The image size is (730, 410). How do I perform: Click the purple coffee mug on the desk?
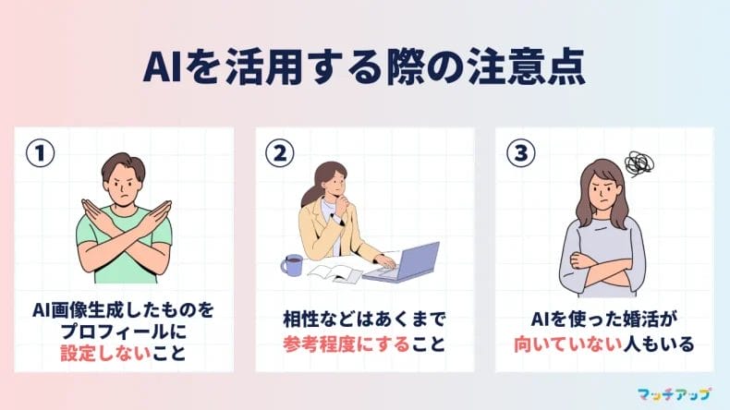pos(292,266)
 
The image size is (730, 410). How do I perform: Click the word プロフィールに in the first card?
pos(123,330)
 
